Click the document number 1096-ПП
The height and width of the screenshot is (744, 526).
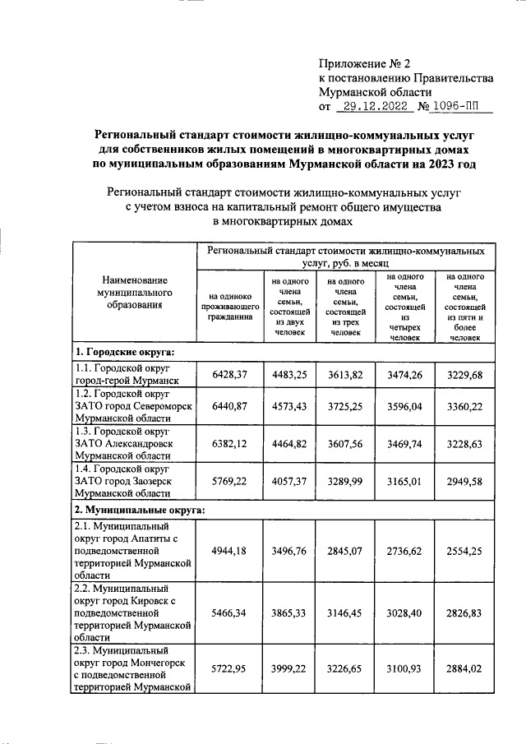coord(457,107)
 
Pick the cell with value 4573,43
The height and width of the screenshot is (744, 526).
coord(289,405)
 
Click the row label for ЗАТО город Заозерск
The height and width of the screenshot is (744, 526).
coord(123,480)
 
